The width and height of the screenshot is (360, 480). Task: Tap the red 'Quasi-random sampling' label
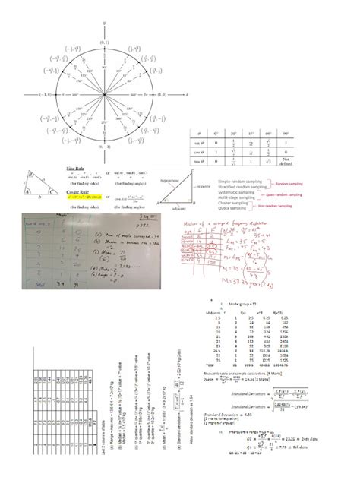292,194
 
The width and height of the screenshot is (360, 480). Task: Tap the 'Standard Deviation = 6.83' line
227,415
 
